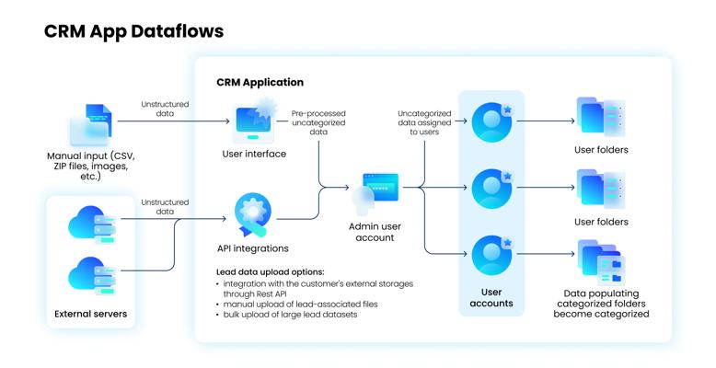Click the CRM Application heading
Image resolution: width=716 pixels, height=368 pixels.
[260, 82]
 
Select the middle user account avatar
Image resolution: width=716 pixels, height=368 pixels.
[491, 189]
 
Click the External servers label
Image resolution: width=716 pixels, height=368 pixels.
[90, 315]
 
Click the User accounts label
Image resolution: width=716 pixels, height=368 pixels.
[491, 296]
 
